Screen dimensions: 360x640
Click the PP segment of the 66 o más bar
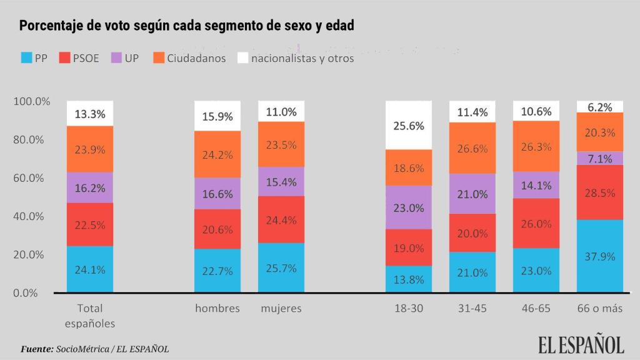pos(600,256)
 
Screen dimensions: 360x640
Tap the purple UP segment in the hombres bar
pos(217,194)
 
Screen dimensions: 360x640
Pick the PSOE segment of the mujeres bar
pos(281,219)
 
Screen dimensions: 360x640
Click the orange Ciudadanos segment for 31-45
pos(472,148)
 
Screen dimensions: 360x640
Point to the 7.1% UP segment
pos(600,159)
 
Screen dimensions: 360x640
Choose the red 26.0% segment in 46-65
pos(536,224)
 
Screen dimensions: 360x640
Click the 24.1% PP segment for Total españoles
pos(90,270)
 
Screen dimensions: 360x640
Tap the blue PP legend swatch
pos(26,58)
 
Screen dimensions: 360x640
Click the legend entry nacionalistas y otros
pos(302,58)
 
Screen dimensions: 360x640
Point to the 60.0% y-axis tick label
pos(29,178)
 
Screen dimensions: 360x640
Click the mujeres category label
pos(281,308)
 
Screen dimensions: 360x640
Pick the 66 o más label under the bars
pos(600,308)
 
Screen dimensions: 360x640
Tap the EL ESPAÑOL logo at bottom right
pos(581,344)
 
